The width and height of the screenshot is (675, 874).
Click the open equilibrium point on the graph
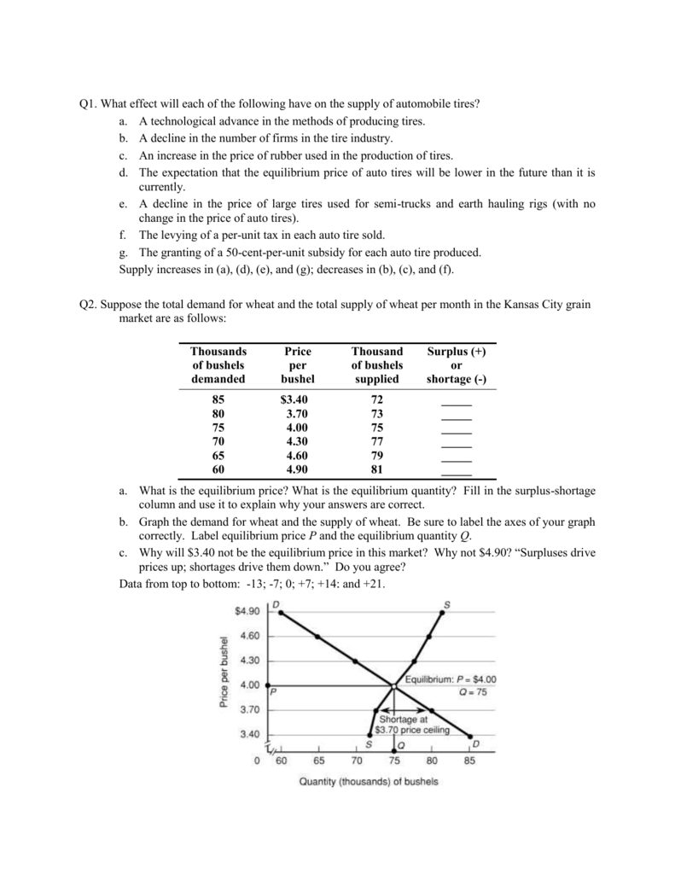pyautogui.click(x=393, y=685)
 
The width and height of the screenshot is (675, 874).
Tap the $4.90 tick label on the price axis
pyautogui.click(x=247, y=611)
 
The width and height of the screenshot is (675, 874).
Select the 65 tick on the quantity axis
pyautogui.click(x=318, y=760)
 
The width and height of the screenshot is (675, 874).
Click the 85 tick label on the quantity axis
pyautogui.click(x=470, y=760)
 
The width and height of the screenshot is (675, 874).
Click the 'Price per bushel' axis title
pyautogui.click(x=224, y=672)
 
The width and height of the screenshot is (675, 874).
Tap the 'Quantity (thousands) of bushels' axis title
pyautogui.click(x=369, y=782)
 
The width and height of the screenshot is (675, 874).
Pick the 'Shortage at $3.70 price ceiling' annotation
pyautogui.click(x=413, y=725)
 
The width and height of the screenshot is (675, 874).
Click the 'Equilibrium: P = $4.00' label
pyautogui.click(x=450, y=679)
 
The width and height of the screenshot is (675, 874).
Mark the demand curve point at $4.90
pyautogui.click(x=279, y=611)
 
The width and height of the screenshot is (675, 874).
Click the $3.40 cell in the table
pyautogui.click(x=294, y=400)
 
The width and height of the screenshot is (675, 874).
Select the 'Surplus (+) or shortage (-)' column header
pyautogui.click(x=457, y=365)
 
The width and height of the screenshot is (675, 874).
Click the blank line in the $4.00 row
pyautogui.click(x=457, y=429)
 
